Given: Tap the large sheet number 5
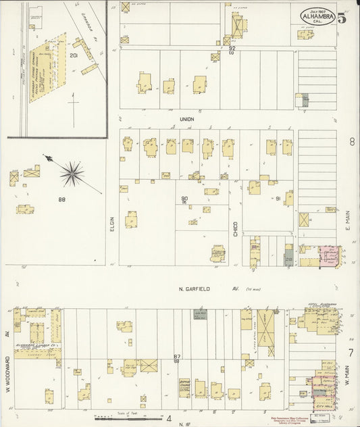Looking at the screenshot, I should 342,18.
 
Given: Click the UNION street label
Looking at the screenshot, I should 186,119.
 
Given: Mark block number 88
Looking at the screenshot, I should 61,199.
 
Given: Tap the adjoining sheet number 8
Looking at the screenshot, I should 352,142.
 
